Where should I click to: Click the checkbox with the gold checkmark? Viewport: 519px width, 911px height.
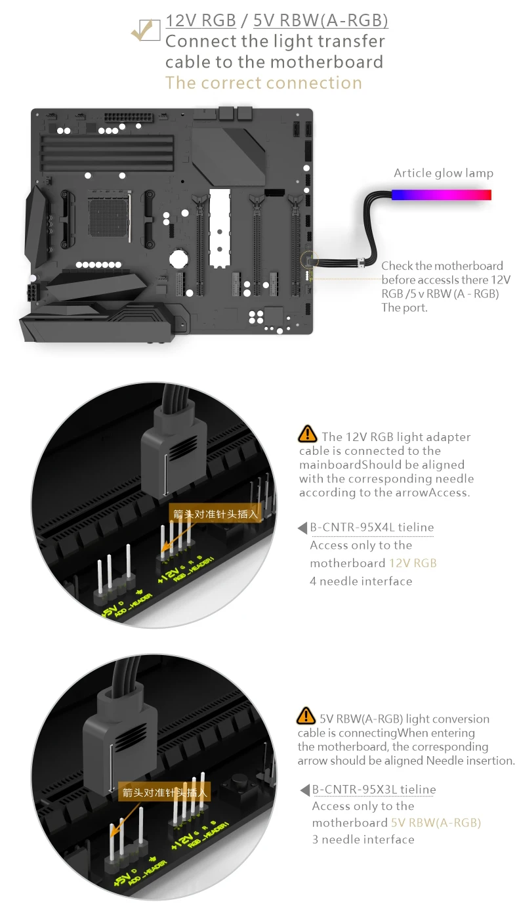(x=146, y=30)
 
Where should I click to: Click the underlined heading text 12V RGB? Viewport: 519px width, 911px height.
(x=201, y=20)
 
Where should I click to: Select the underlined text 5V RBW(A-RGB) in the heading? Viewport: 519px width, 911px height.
(x=321, y=20)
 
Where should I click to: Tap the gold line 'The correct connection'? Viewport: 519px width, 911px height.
(x=263, y=83)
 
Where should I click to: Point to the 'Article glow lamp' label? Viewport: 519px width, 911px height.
(x=444, y=173)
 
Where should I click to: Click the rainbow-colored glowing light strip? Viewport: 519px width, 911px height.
(x=442, y=195)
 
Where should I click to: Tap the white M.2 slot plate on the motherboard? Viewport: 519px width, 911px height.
(x=220, y=227)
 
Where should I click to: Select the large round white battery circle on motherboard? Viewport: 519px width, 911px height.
(x=179, y=258)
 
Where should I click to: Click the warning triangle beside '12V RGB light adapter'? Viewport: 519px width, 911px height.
(x=307, y=434)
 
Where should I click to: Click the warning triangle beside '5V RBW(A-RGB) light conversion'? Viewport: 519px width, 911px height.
(x=306, y=716)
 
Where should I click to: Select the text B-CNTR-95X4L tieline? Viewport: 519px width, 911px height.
(x=372, y=528)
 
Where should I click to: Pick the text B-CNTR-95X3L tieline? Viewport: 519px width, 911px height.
(x=374, y=790)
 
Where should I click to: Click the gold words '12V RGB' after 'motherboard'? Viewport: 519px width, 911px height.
(x=413, y=563)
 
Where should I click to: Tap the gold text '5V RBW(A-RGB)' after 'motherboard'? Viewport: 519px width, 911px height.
(x=436, y=823)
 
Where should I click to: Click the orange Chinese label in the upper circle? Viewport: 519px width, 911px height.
(x=215, y=514)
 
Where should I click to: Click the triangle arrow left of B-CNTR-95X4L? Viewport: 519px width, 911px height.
(x=302, y=528)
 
